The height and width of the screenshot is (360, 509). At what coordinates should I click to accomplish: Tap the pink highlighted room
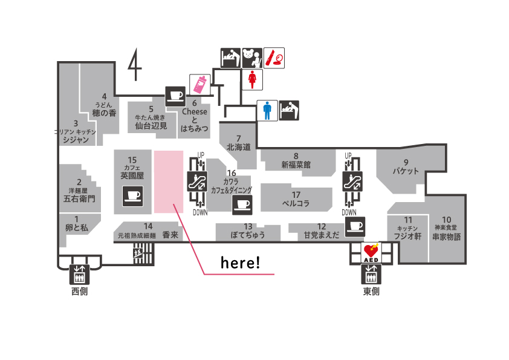169,182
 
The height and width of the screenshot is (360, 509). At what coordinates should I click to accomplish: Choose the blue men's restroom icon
267,110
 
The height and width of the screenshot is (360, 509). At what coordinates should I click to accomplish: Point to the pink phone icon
199,84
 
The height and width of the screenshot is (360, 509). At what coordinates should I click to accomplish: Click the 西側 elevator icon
79,275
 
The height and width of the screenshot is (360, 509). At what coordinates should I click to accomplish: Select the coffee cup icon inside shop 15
132,195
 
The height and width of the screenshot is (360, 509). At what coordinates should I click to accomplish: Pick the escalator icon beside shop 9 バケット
349,182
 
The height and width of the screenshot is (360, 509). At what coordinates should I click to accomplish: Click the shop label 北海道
238,147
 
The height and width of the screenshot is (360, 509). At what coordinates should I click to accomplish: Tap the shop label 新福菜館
296,164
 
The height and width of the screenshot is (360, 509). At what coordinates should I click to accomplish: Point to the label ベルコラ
296,203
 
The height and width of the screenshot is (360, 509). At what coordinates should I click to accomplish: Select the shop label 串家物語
446,237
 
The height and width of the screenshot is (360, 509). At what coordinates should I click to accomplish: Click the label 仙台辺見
151,126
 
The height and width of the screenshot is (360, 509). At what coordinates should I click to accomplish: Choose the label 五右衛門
79,198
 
